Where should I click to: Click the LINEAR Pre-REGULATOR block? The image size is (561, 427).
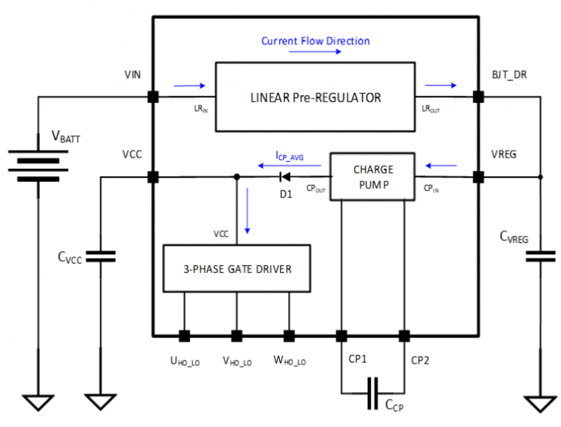[x=315, y=97]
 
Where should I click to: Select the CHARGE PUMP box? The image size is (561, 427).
[x=372, y=176]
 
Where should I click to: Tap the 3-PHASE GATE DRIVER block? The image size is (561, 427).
[x=237, y=269]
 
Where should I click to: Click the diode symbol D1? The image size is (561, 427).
[x=285, y=176]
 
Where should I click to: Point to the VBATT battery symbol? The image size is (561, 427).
[x=39, y=165]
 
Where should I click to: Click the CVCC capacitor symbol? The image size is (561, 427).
[x=100, y=256]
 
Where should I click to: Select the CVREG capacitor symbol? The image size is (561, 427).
[x=540, y=256]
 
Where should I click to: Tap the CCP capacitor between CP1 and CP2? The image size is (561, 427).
[x=372, y=393]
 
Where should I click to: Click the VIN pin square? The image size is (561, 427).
[x=153, y=97]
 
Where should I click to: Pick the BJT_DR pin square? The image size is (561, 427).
[x=478, y=97]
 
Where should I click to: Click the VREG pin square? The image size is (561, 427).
[x=478, y=177]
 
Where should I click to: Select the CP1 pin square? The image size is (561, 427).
[x=342, y=336]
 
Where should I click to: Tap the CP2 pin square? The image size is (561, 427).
[x=405, y=336]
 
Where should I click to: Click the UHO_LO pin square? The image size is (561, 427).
[x=184, y=336]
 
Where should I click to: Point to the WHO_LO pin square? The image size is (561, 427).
[x=289, y=336]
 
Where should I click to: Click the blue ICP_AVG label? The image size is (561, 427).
[x=290, y=156]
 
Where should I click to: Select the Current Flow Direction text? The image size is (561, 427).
[x=315, y=41]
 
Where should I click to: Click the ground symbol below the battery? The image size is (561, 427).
[x=39, y=402]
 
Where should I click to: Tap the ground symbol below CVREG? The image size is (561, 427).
[x=540, y=404]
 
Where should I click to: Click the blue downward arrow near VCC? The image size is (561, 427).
[x=248, y=211]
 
